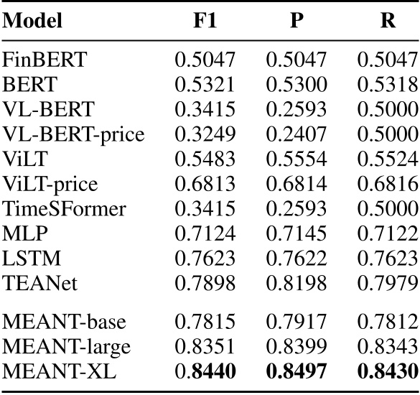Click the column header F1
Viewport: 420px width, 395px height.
tap(206, 21)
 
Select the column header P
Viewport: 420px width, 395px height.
tap(296, 21)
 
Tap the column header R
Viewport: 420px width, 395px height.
tap(388, 21)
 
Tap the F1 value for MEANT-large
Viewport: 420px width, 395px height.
tap(206, 347)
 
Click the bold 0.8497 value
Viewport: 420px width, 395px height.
tap(296, 371)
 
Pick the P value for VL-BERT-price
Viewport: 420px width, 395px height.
tap(296, 134)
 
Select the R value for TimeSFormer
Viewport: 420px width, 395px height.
tap(388, 210)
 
